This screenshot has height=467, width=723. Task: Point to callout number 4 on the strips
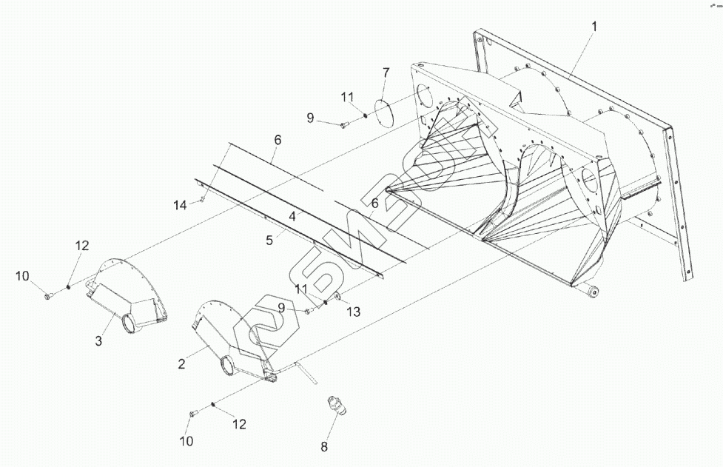pos(293,217)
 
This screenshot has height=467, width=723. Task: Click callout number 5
pos(271,239)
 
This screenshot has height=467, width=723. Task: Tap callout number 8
pos(323,446)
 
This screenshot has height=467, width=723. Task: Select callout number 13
pos(354,312)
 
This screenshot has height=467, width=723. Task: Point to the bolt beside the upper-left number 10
pos(49,296)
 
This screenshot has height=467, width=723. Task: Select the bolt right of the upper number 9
pos(344,126)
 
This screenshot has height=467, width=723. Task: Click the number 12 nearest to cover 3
pos(82,245)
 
